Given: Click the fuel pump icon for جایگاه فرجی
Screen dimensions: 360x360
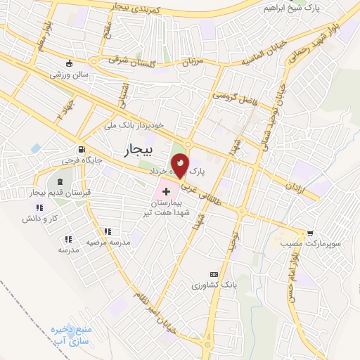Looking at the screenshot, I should (x=82, y=149).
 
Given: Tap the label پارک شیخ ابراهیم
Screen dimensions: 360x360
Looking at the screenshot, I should (x=293, y=8).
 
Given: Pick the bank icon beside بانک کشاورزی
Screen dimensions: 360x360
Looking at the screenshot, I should (x=214, y=274).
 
